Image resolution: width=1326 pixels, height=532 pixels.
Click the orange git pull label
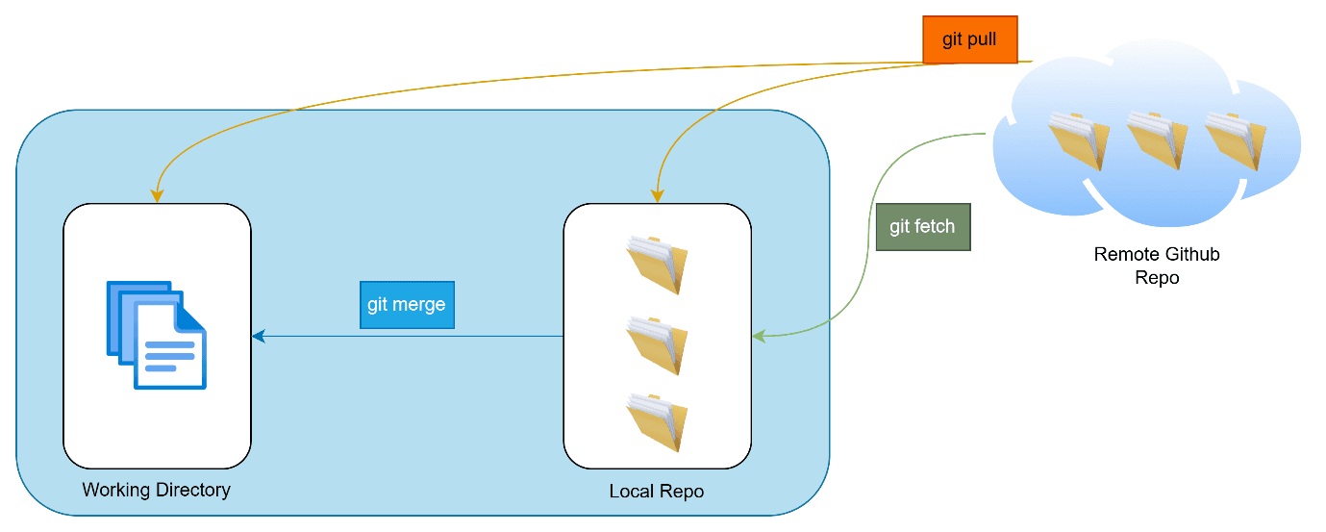(969, 40)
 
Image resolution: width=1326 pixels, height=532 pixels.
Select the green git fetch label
(922, 227)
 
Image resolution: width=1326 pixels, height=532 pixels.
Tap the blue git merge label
(406, 305)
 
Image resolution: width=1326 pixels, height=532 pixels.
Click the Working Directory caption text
(156, 490)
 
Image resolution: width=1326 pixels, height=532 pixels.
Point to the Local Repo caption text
(656, 492)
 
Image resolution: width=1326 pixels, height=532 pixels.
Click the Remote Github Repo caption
(1156, 266)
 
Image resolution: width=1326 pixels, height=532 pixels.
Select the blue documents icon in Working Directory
(157, 335)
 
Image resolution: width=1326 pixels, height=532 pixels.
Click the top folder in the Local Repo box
(657, 265)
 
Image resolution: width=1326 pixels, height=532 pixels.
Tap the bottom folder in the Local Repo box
(657, 421)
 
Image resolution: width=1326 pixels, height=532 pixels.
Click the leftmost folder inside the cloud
(1078, 140)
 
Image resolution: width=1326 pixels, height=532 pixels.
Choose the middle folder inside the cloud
(1157, 140)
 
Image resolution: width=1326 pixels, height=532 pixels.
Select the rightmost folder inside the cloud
(1235, 140)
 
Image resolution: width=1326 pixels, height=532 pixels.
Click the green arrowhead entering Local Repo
(760, 337)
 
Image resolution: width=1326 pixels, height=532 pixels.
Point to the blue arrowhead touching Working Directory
(258, 337)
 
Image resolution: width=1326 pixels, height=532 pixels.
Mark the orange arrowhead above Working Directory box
(157, 196)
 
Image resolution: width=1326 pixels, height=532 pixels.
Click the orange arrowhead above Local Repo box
(657, 196)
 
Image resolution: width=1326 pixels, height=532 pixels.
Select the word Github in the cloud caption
(1188, 255)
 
